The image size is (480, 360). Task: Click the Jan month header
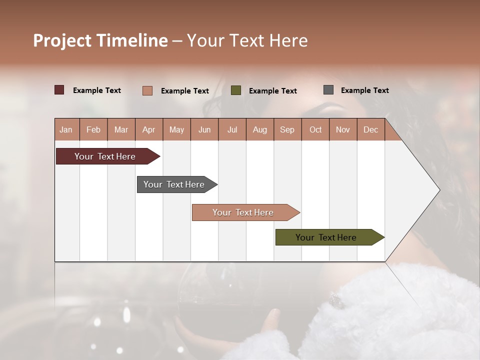point(66,130)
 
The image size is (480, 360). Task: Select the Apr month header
point(149,130)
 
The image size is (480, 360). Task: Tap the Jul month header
point(232,130)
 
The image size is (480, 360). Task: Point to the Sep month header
point(287,130)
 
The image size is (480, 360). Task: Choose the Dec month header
point(371,130)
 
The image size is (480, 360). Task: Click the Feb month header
point(93,130)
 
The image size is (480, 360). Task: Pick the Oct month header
point(315,130)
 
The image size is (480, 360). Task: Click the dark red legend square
point(59,90)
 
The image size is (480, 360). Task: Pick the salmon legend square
point(147,90)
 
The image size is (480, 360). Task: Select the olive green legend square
point(236,90)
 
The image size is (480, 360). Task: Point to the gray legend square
point(328,90)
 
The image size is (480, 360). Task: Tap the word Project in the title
point(62,40)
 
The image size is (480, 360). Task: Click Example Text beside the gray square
point(364,90)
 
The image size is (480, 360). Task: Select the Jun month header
point(204,130)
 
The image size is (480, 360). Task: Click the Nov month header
point(343,130)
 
